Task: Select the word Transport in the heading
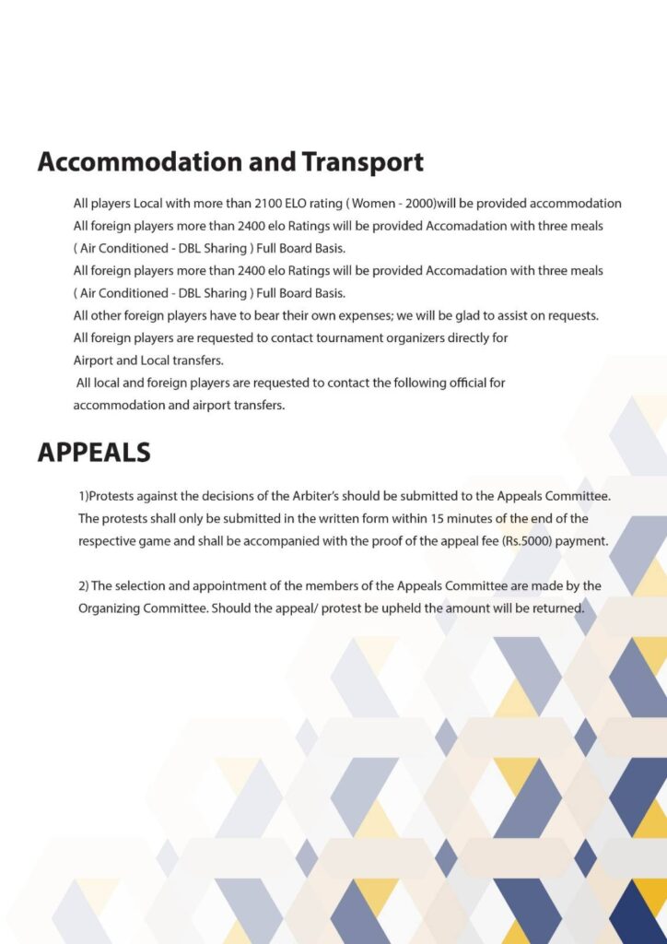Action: tap(362, 162)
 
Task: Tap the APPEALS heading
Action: tap(94, 453)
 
